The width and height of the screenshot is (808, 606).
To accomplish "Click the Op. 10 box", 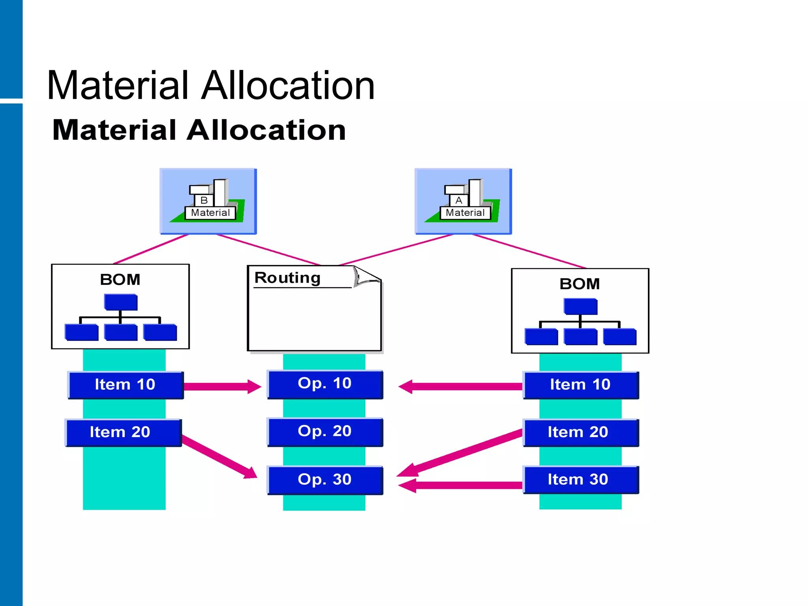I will coord(325,384).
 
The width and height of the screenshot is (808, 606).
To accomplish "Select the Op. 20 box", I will coord(325,432).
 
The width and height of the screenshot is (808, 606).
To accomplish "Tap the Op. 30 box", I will coord(325,480).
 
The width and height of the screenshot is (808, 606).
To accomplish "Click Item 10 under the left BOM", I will coord(125,385).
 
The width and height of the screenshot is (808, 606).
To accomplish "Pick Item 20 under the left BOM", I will coord(123,433).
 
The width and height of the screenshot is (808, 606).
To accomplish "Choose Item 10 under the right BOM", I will coord(581,385).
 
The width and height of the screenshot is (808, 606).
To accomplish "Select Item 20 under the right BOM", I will coord(581,433).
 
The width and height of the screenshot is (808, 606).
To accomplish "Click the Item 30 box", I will coord(581,480).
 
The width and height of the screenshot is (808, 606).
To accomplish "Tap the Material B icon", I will coord(208,201).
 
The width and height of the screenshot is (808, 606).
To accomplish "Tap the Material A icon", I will coord(463,201).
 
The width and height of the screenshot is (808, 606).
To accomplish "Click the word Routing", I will coord(287,278).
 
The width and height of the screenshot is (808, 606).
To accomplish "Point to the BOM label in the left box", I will coord(120,280).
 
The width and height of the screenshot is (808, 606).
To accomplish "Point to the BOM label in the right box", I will coord(580,284).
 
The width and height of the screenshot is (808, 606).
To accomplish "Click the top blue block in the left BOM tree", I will coord(121,302).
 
